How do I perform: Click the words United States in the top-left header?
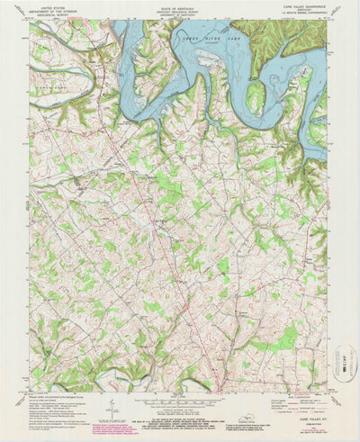pyautogui.click(x=51, y=6)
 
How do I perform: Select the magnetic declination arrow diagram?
pyautogui.click(x=108, y=409)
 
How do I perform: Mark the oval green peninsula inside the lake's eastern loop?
pyautogui.click(x=256, y=97)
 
